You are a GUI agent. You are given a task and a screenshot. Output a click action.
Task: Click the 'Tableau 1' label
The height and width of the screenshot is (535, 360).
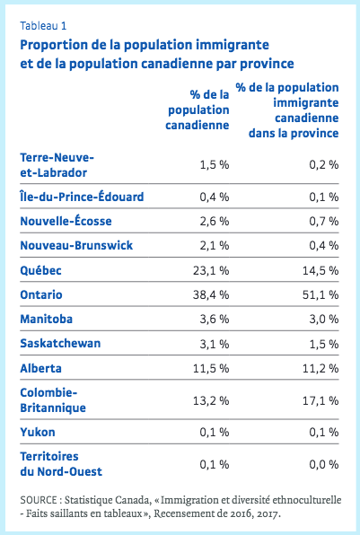(x=43, y=26)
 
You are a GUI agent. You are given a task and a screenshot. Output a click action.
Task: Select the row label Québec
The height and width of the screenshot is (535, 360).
(x=41, y=270)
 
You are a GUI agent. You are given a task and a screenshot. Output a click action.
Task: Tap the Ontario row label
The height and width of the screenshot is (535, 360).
(x=41, y=294)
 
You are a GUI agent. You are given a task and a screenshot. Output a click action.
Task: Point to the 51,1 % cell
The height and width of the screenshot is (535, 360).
(x=320, y=294)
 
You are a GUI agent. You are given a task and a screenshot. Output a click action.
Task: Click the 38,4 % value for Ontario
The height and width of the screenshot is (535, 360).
(x=211, y=294)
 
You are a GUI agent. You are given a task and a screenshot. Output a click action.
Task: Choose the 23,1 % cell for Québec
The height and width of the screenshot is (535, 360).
(x=211, y=270)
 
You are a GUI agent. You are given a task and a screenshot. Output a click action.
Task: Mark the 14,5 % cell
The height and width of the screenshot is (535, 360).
(x=320, y=270)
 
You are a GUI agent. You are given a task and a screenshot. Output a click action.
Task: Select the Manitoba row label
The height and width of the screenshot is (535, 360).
(x=47, y=319)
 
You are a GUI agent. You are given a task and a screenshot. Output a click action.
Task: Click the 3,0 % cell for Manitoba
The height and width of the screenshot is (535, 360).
(x=324, y=320)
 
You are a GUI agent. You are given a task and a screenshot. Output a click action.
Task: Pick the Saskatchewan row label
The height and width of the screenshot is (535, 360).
(x=60, y=343)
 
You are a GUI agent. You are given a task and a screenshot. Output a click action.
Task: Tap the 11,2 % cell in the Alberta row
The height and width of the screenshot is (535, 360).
(x=320, y=369)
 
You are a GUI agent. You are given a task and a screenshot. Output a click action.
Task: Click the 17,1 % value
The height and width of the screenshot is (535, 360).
(x=320, y=400)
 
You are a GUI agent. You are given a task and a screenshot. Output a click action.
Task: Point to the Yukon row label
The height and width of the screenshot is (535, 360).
(x=38, y=432)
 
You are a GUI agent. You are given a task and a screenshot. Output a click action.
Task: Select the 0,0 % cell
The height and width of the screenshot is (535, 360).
(x=324, y=464)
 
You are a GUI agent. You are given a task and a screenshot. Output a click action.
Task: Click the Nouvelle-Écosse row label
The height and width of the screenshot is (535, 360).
(x=66, y=221)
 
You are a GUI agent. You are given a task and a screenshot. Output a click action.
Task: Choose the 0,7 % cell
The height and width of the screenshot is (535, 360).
(x=324, y=221)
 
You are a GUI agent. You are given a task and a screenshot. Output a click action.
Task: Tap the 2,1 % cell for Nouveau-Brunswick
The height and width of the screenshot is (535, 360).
(x=215, y=246)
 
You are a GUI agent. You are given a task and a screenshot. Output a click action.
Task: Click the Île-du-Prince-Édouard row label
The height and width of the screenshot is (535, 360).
(x=82, y=197)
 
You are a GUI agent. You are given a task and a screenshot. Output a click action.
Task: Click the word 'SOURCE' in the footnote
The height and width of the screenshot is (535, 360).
(x=39, y=500)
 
